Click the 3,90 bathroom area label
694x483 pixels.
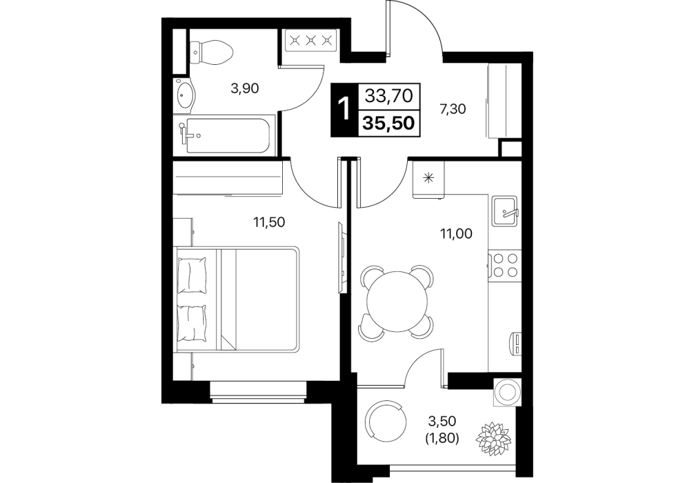(245, 89)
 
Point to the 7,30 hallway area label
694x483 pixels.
(453, 108)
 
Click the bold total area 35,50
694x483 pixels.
(388, 123)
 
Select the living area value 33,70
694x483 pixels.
(388, 95)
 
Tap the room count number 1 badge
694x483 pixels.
(343, 109)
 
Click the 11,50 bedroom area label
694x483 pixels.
(269, 222)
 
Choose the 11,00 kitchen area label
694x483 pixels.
(456, 233)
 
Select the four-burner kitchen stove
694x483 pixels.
(505, 265)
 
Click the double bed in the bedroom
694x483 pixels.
(237, 299)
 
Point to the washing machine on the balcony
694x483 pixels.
(506, 392)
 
